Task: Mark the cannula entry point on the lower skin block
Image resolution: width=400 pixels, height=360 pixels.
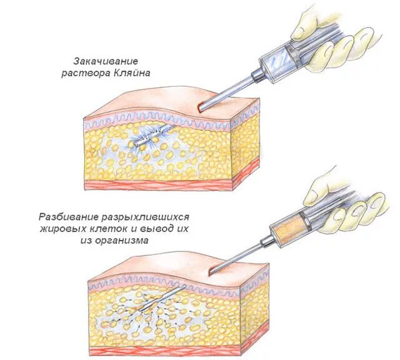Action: click(211, 271)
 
